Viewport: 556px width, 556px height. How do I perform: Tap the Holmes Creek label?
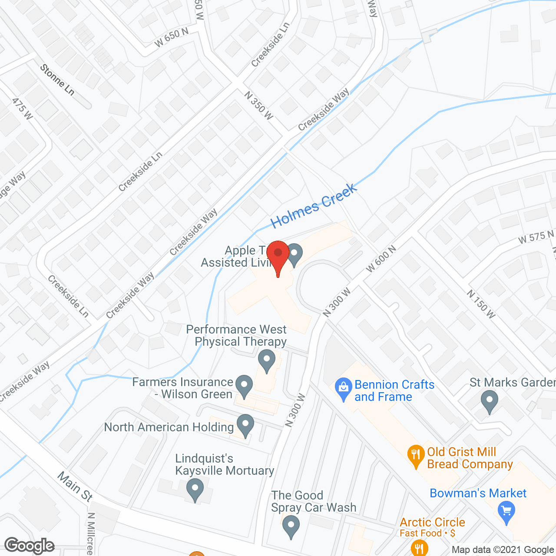tap(314, 205)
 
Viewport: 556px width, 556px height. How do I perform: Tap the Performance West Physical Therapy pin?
tap(266, 361)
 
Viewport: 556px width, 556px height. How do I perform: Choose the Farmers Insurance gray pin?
tap(244, 385)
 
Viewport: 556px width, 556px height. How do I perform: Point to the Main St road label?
tap(75, 486)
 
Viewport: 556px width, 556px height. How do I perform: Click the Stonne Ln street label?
tap(57, 79)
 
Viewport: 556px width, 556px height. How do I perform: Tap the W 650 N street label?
tap(172, 37)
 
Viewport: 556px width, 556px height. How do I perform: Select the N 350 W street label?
tap(258, 106)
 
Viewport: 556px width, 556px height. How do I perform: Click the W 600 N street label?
tap(381, 259)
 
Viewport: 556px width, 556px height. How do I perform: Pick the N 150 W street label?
tap(481, 304)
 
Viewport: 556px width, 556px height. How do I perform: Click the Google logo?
tap(30, 546)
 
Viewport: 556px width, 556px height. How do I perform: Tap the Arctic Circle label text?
tap(432, 522)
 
